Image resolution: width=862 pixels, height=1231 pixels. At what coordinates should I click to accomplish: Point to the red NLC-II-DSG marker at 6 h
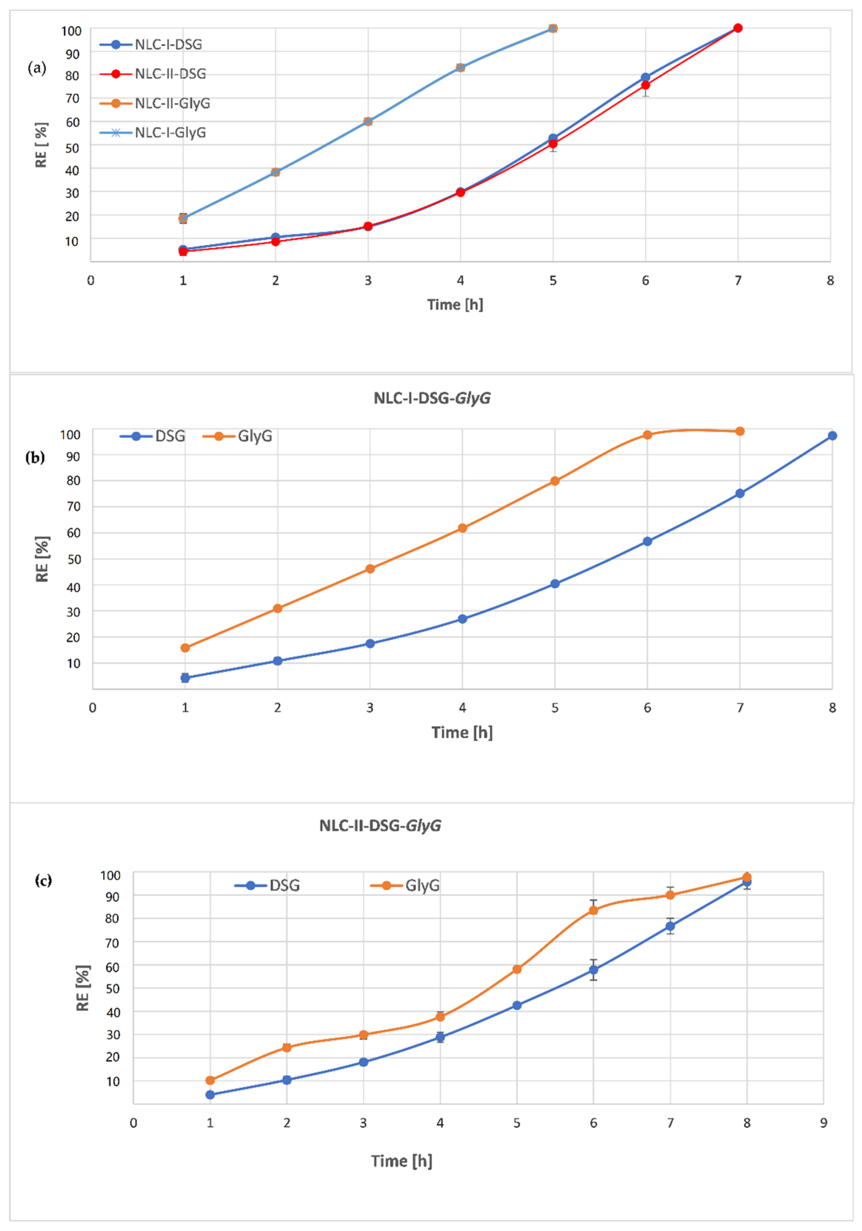pos(645,85)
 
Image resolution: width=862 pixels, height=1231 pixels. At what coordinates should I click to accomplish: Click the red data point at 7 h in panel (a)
pos(738,28)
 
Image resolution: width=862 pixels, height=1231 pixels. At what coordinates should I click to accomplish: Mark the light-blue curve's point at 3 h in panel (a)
pos(368,122)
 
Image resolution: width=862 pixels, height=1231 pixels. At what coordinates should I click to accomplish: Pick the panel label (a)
pos(37,68)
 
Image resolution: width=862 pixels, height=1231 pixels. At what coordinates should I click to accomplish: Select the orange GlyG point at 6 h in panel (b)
pos(648,435)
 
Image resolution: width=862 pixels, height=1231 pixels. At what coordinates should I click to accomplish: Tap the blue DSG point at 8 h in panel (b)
pos(832,436)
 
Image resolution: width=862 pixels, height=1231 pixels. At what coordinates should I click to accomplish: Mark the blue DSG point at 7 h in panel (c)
pos(670,926)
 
